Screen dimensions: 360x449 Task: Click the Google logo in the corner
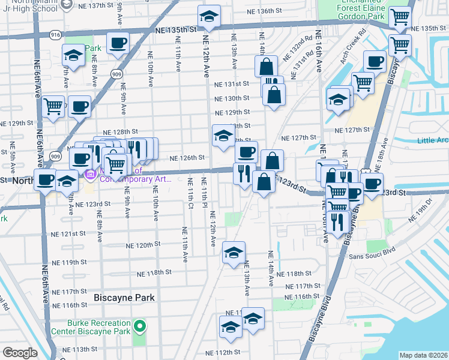(20, 352)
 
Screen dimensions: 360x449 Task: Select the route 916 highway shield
(55, 35)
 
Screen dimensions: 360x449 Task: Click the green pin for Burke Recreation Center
(140, 327)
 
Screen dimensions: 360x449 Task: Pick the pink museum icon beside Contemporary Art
(91, 175)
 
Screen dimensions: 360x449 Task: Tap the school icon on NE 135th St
(209, 17)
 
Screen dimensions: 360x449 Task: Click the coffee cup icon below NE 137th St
(118, 43)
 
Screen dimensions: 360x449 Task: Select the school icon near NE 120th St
(234, 253)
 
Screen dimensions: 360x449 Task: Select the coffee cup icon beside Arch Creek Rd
(375, 62)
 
